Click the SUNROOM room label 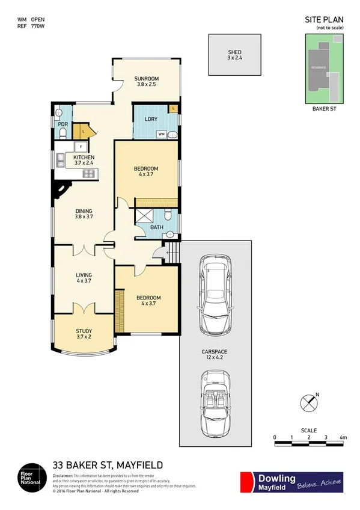[146, 79]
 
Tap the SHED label [234, 52]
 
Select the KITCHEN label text [84, 158]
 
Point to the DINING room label [84, 211]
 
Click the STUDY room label [84, 331]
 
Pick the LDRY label [151, 119]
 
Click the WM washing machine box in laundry [161, 135]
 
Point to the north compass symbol [309, 401]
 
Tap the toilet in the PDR [63, 132]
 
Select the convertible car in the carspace [215, 404]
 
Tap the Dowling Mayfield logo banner [291, 482]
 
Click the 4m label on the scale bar [343, 437]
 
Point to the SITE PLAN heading [324, 20]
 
